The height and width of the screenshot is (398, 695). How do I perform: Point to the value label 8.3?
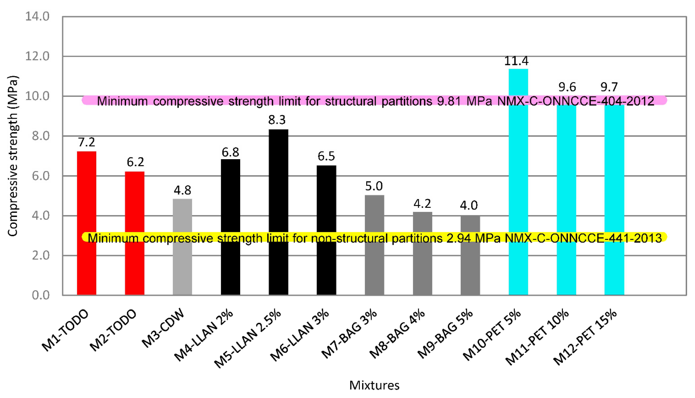coord(277,120)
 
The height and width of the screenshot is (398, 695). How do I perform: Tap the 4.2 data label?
coord(422,204)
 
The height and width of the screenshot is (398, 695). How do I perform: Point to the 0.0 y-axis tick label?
coord(41,295)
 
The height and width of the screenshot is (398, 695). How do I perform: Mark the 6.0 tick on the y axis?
coord(41,176)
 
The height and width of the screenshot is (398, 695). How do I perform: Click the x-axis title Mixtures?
coord(374,385)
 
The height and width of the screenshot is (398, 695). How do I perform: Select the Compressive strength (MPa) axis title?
coord(13,156)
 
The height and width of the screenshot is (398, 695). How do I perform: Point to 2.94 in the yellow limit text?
coord(458,238)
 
